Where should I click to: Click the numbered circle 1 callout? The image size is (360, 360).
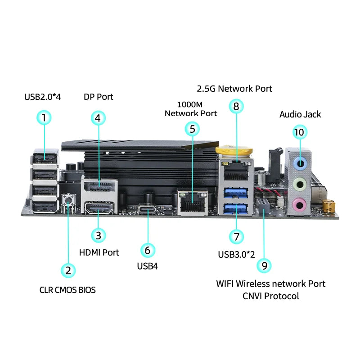coord(44,118)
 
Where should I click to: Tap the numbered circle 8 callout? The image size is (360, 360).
coord(236,106)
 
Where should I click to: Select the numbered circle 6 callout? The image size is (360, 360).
coord(147,250)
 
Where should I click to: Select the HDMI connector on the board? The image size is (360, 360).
coord(99,209)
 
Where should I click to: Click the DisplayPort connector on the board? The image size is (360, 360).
coord(99,187)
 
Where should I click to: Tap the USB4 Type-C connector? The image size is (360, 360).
coord(147,209)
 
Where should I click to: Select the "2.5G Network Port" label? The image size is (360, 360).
coord(234,89)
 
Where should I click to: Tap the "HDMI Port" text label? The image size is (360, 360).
coord(99,252)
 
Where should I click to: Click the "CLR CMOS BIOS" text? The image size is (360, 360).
coord(67,290)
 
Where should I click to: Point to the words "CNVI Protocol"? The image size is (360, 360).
coord(270,296)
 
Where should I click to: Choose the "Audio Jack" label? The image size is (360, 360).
coord(300,114)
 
